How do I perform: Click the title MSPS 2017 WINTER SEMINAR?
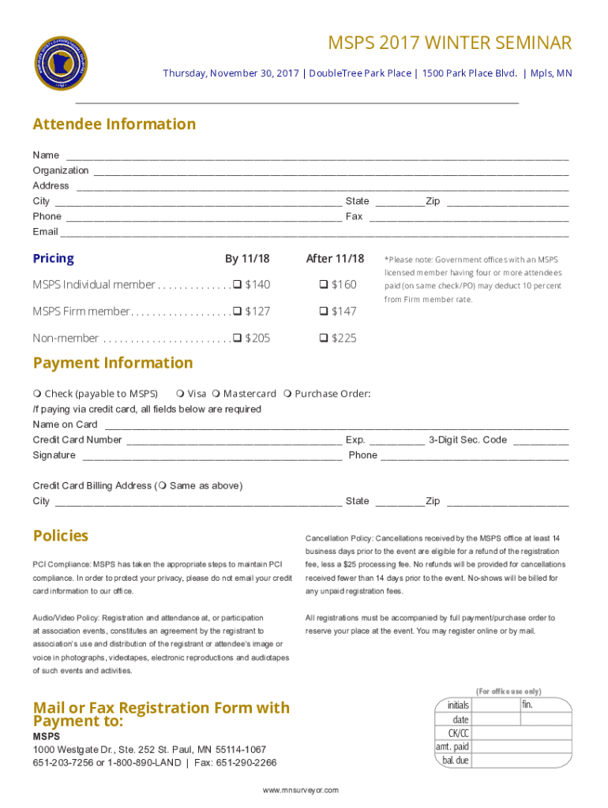pos(450,43)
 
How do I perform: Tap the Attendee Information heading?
pos(114,124)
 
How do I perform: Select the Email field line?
pos(314,233)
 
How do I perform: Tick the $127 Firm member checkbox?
pos(237,312)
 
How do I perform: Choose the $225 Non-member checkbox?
pos(324,339)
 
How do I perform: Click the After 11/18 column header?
pos(335,259)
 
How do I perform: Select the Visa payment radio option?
pos(181,394)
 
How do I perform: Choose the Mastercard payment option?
pos(216,394)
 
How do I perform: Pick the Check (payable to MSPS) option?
pos(37,394)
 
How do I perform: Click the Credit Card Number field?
pos(233,440)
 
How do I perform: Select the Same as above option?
pos(163,486)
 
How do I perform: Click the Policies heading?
pos(61,536)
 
